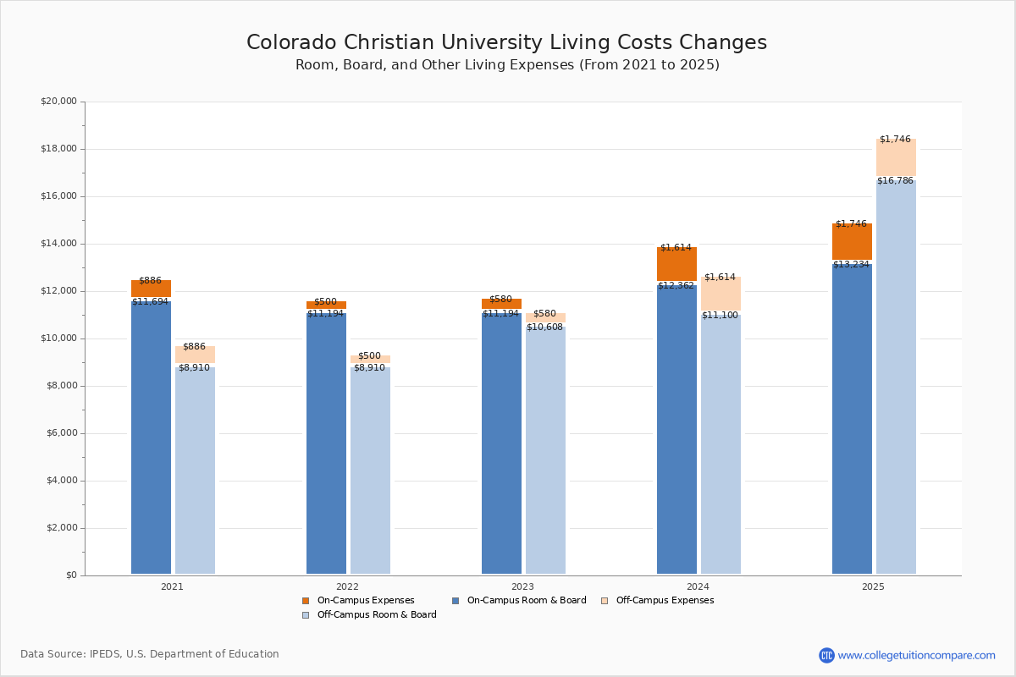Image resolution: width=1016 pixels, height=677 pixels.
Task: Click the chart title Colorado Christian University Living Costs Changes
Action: tap(506, 43)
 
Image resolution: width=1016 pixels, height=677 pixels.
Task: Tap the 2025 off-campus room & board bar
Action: tap(896, 381)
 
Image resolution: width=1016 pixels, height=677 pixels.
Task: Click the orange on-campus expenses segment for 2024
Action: tap(676, 265)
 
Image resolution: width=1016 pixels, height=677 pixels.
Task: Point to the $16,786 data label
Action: tap(895, 180)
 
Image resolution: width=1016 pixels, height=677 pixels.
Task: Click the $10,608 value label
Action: tap(544, 327)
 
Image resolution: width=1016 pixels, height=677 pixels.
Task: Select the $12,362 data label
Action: tap(676, 286)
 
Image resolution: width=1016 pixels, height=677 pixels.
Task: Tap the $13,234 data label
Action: tap(851, 265)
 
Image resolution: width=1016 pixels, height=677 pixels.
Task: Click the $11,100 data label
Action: tap(720, 316)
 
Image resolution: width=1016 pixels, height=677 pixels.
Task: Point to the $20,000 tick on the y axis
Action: tap(58, 102)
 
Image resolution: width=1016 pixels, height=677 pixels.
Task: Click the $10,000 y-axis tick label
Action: tap(58, 338)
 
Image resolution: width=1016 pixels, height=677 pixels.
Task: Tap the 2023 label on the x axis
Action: tap(522, 586)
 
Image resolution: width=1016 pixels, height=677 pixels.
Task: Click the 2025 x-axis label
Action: tap(873, 586)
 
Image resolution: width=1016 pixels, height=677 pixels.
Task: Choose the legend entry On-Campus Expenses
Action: tap(365, 601)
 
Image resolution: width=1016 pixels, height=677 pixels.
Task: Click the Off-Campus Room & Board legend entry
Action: tap(376, 615)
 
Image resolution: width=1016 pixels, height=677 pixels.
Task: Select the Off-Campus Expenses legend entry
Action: tap(664, 601)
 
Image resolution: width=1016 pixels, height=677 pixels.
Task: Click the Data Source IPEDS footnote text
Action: tap(150, 654)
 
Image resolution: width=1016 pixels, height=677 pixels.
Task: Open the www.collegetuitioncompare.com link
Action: tap(916, 655)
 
